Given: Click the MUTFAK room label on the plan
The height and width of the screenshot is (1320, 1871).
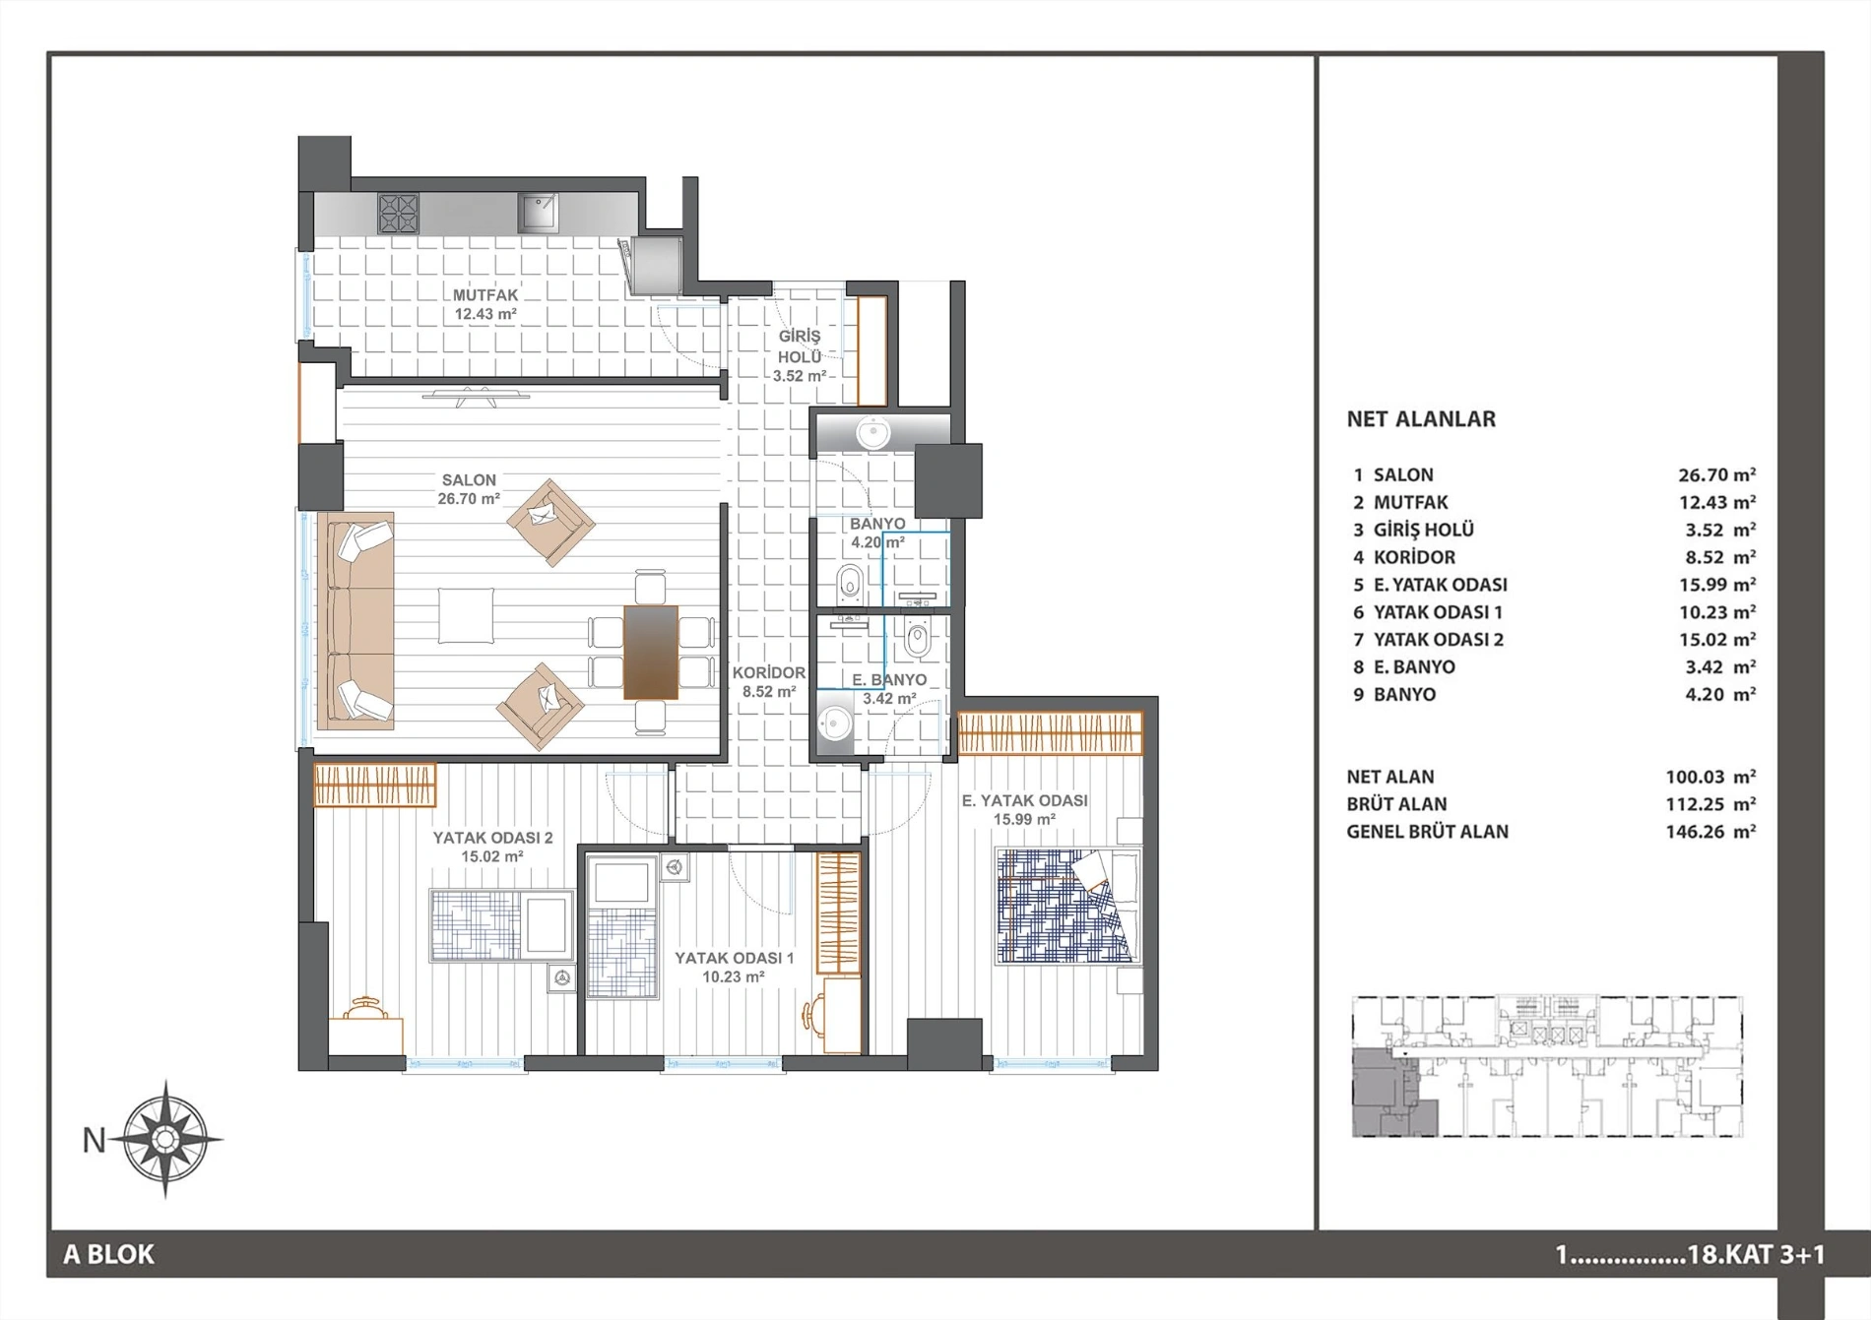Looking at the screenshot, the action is [485, 294].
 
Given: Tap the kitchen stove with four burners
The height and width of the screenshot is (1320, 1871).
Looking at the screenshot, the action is [398, 213].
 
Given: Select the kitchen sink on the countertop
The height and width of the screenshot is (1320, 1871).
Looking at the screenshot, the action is [538, 212].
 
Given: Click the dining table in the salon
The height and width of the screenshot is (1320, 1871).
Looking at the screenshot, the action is [651, 652].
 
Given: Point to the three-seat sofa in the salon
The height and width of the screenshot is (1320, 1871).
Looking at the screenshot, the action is [355, 620].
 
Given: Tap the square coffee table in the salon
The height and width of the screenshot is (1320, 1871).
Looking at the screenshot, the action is [467, 616].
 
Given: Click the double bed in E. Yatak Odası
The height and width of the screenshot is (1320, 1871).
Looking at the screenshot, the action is [1068, 906].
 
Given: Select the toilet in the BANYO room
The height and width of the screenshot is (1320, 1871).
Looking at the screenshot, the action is [850, 584].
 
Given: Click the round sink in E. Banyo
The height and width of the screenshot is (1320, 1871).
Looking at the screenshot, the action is [835, 725].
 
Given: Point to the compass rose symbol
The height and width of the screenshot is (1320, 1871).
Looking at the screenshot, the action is [165, 1139].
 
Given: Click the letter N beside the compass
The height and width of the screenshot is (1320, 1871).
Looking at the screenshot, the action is [94, 1140].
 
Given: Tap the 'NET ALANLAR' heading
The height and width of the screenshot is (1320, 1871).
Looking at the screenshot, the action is [1421, 419].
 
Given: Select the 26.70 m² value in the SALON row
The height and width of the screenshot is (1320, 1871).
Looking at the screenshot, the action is [1717, 474].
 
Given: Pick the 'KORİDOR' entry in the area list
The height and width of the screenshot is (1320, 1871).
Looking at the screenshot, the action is [1414, 557].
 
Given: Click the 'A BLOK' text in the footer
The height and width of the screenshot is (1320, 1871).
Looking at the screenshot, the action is [109, 1254].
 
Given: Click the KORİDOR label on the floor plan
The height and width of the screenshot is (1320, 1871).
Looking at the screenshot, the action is [769, 673].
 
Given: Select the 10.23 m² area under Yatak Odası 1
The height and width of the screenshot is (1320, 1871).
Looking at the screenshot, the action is [734, 977].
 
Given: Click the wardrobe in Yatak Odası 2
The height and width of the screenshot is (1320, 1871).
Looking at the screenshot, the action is [375, 786].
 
